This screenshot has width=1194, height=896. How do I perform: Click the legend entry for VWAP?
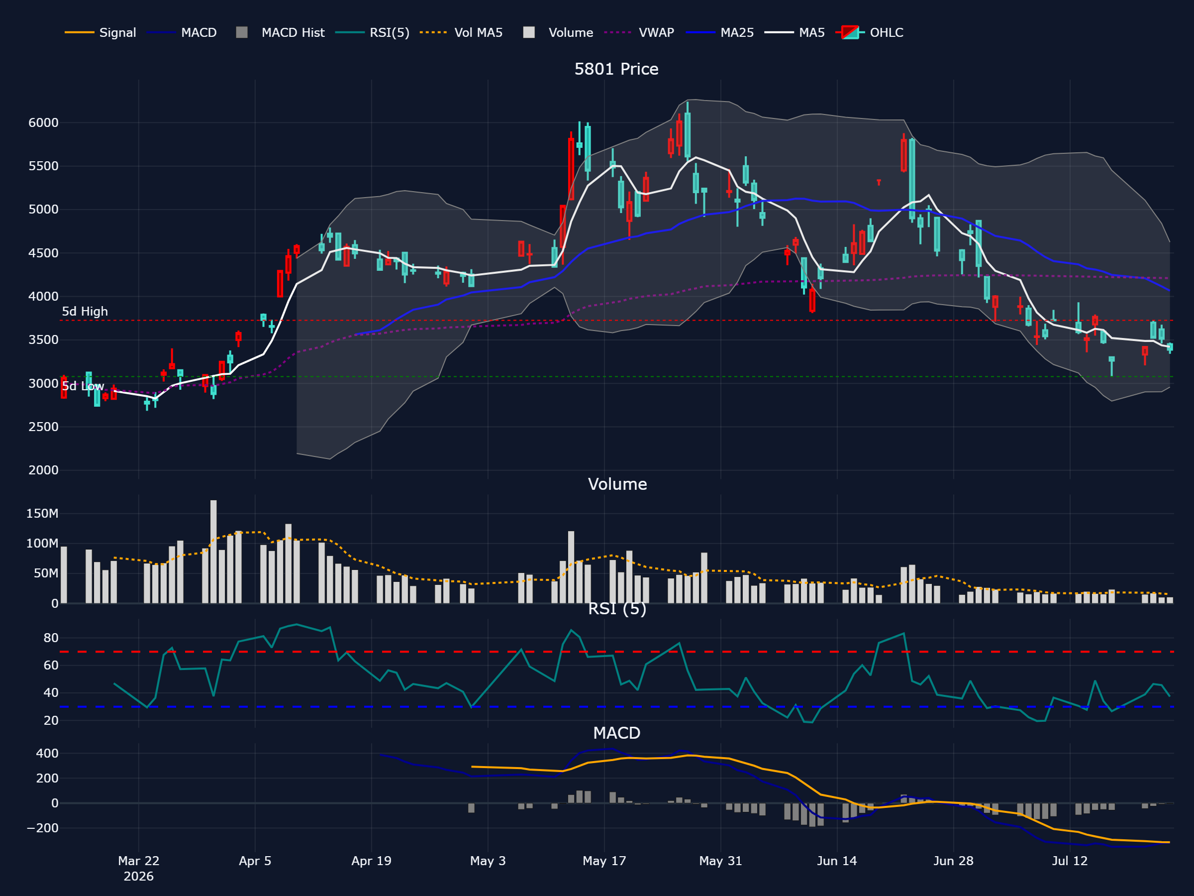click(x=639, y=32)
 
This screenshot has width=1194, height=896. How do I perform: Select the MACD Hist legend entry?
click(x=280, y=32)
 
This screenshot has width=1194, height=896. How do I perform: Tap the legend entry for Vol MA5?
click(x=461, y=32)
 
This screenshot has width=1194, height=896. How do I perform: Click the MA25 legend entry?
click(x=719, y=32)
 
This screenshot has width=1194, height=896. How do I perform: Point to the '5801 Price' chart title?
click(x=616, y=69)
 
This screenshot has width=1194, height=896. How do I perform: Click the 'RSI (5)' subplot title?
click(x=617, y=609)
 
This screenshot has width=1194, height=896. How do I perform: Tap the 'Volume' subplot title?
click(x=617, y=484)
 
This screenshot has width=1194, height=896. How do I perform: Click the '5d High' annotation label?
click(x=85, y=312)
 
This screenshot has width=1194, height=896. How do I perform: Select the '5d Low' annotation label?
click(x=83, y=386)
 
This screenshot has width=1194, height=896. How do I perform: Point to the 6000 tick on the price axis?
click(x=43, y=122)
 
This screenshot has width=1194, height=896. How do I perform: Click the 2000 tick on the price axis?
click(x=43, y=470)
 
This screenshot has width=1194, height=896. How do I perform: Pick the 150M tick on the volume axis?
click(x=42, y=513)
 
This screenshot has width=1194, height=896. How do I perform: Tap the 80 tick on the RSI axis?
click(x=51, y=638)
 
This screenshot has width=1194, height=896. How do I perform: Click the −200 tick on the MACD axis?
click(x=42, y=828)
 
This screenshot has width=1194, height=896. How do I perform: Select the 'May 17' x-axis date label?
click(x=604, y=861)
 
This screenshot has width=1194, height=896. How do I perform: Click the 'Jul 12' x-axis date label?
click(x=1070, y=861)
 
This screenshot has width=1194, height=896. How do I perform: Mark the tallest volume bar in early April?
click(x=214, y=552)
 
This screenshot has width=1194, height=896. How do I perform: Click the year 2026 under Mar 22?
click(x=139, y=877)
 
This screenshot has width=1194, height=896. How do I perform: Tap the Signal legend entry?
click(x=100, y=32)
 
